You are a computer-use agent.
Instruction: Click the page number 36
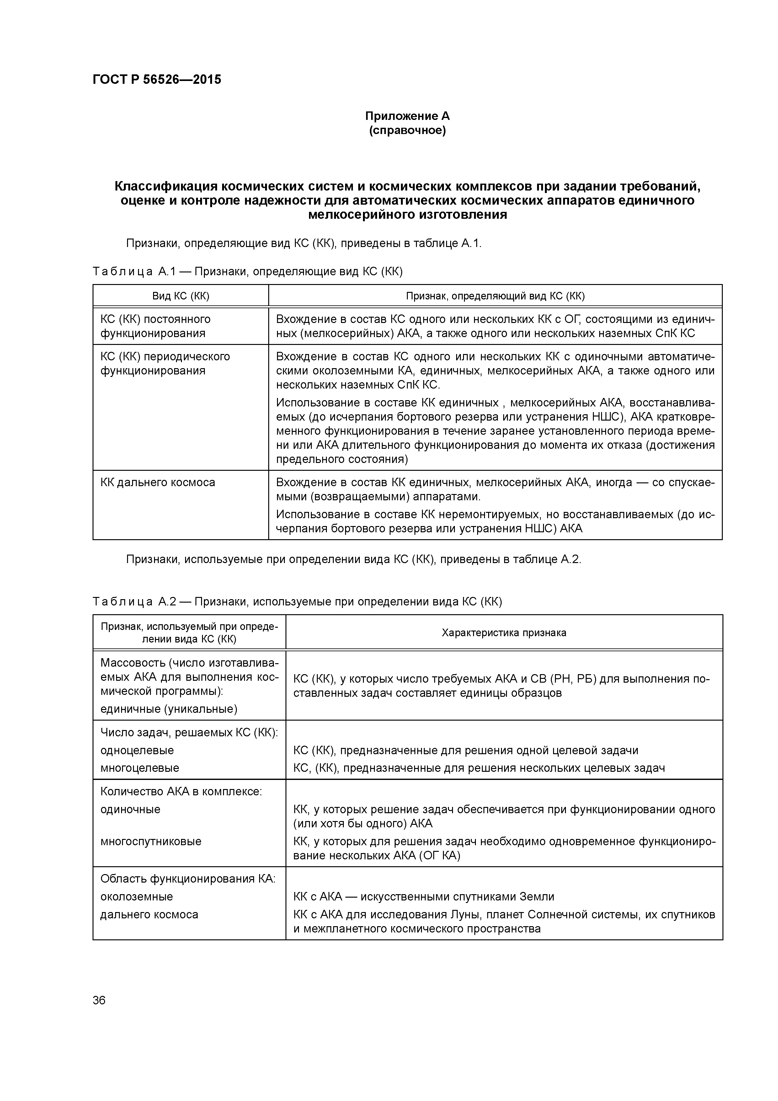click(99, 1000)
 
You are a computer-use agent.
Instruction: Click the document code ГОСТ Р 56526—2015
click(157, 80)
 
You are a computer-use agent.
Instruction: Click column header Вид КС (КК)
click(181, 296)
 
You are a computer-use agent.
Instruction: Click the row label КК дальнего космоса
click(158, 482)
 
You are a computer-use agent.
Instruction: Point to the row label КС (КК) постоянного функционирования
click(155, 326)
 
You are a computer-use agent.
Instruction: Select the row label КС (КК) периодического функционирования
click(165, 363)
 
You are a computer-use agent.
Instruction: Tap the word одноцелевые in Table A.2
click(137, 750)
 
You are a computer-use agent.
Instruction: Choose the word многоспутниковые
click(151, 841)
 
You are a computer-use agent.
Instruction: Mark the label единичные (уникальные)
click(169, 709)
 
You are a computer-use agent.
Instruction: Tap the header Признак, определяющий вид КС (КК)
click(495, 296)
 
